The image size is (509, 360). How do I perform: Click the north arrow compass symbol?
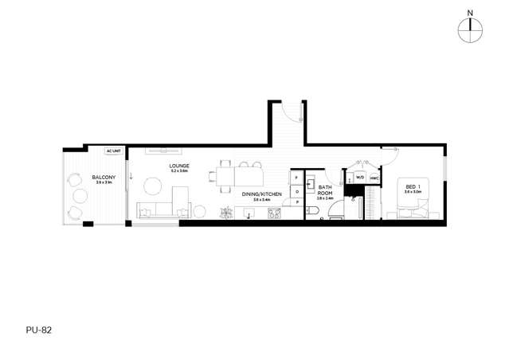pos(471,28)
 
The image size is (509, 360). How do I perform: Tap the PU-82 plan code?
pos(38,328)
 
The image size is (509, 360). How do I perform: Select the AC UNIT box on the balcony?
pos(113,151)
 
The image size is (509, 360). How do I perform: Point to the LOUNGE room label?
pos(178,166)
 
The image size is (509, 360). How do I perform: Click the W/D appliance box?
pos(360,178)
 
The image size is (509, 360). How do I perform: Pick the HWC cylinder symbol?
pos(374,178)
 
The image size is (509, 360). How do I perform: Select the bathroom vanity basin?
pos(311,180)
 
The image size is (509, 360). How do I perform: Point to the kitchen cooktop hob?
pos(275,213)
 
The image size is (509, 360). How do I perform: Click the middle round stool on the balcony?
pos(80,195)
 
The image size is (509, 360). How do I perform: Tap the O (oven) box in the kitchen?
pos(297,191)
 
